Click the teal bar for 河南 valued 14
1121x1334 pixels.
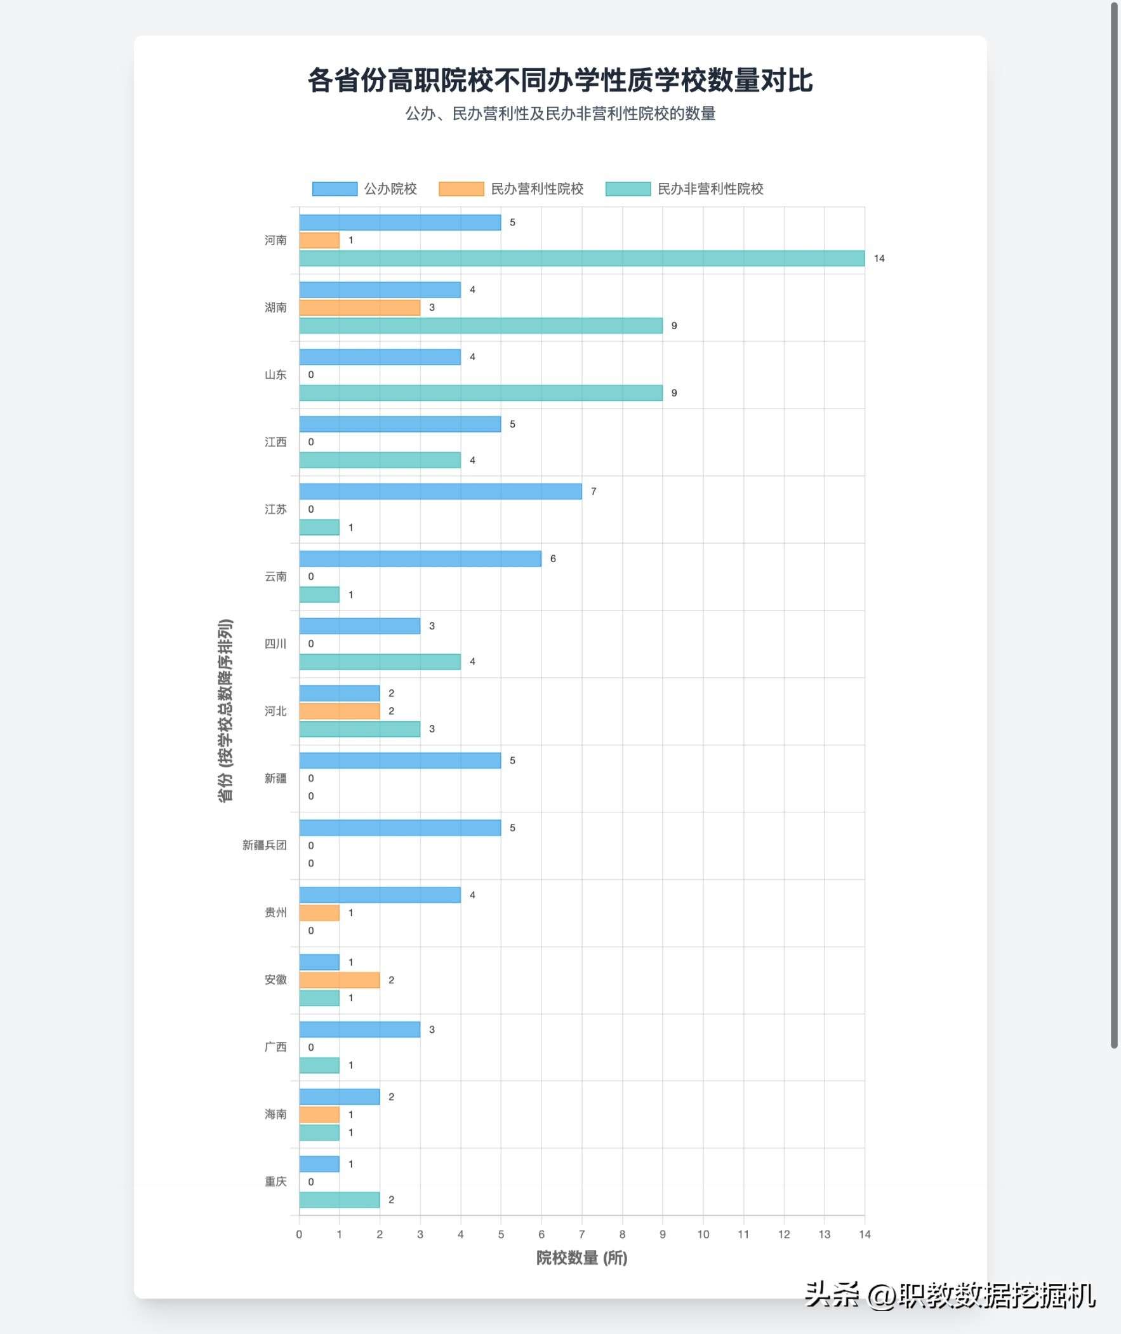tap(581, 258)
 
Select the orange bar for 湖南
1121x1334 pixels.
tap(360, 307)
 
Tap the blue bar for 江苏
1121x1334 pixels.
tap(441, 492)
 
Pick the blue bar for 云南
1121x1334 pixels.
tap(420, 559)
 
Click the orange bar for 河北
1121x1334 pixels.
tap(340, 711)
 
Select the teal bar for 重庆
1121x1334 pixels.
tap(340, 1200)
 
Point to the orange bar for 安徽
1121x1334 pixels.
tap(340, 980)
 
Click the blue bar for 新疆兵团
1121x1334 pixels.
tap(400, 828)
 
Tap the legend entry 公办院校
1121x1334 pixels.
tap(365, 189)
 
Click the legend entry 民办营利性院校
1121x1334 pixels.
tap(511, 189)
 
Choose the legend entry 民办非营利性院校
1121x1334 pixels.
tap(684, 189)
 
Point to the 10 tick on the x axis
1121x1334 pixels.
tap(703, 1234)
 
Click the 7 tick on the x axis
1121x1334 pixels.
tap(581, 1234)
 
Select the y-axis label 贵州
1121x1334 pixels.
tap(275, 912)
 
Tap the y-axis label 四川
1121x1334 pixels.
tap(275, 643)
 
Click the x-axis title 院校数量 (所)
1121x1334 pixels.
tap(581, 1258)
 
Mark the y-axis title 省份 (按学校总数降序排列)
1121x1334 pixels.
tap(225, 710)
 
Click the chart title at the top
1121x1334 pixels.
tap(560, 81)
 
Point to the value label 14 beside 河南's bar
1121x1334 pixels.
tap(879, 258)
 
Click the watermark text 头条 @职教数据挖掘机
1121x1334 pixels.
tap(950, 1295)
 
